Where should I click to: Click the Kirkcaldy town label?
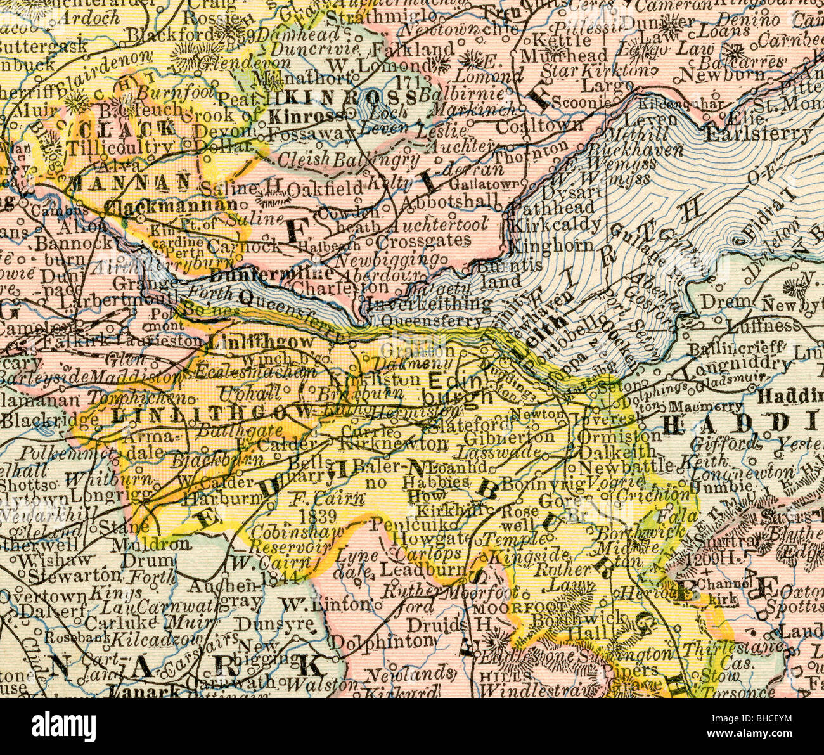[555, 224]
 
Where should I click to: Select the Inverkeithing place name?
[427, 303]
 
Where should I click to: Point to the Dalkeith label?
[617, 452]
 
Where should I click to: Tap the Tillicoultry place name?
[120, 148]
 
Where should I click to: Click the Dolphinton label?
[382, 641]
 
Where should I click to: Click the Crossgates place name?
[423, 242]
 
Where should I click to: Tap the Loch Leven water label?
[380, 120]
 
